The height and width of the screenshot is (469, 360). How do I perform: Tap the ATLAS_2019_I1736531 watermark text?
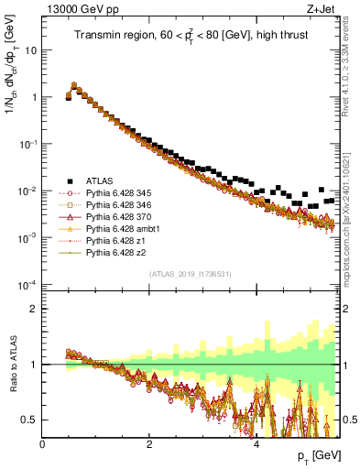[x=191, y=274]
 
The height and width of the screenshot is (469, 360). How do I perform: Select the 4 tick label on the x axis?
[x=256, y=445]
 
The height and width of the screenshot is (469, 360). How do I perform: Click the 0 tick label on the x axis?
[x=42, y=445]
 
